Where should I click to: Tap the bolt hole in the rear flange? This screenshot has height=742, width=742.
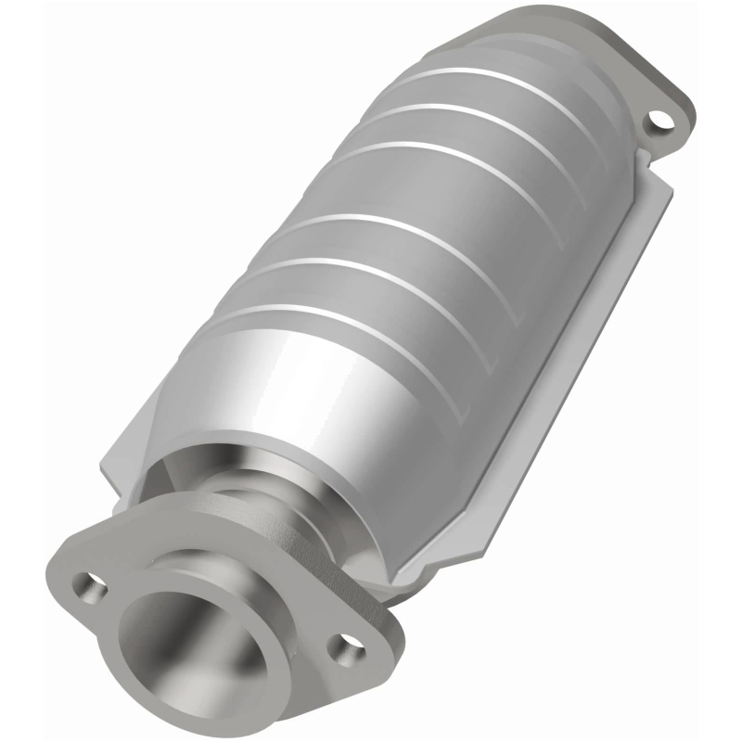(659, 120)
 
